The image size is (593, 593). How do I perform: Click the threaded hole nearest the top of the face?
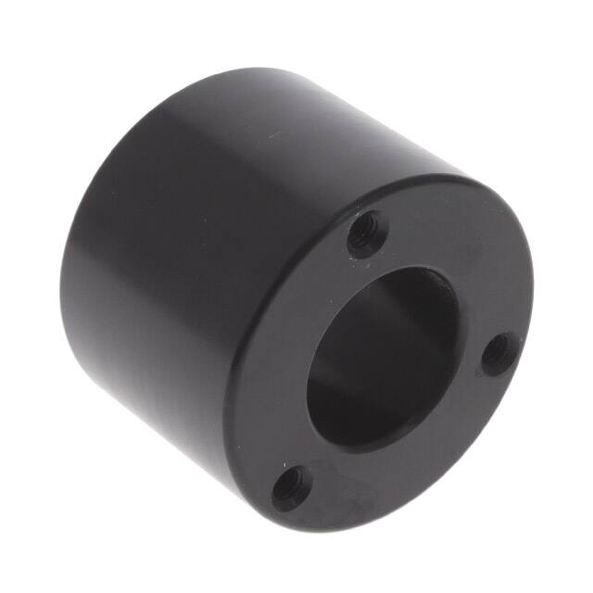367,233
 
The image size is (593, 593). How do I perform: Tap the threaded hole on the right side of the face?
499,353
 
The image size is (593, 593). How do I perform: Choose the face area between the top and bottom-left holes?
278,352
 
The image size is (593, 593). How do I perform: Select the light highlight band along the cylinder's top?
278,102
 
